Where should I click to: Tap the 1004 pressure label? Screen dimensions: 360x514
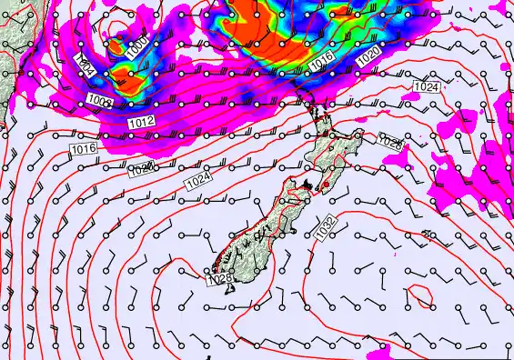click(x=86, y=66)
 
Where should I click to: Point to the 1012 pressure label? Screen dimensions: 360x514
click(x=141, y=122)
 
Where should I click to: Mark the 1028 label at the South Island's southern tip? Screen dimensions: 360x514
click(x=220, y=279)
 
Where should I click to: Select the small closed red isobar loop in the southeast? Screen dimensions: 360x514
click(x=419, y=295)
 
